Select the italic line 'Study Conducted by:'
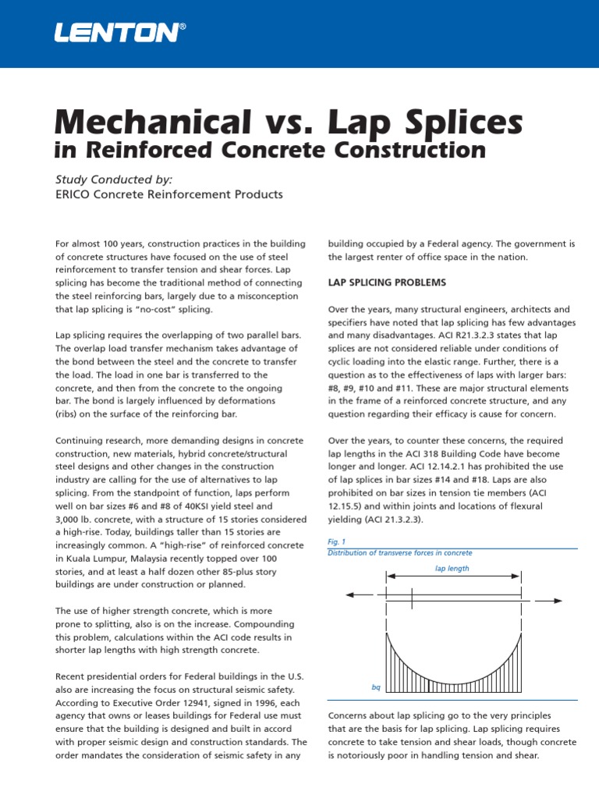pyautogui.click(x=113, y=179)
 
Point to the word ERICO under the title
pyautogui.click(x=76, y=194)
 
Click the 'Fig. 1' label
pyautogui.click(x=336, y=542)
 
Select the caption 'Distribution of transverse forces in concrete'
pyautogui.click(x=399, y=552)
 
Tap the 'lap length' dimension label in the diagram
pyautogui.click(x=452, y=568)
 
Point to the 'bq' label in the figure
pyautogui.click(x=376, y=688)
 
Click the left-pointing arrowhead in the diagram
pyautogui.click(x=350, y=595)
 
